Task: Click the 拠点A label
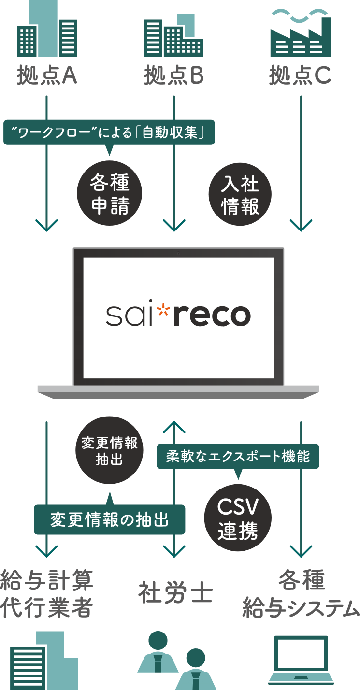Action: (47, 75)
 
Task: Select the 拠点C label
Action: (300, 75)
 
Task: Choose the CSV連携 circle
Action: (238, 518)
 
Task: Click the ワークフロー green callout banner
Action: (109, 132)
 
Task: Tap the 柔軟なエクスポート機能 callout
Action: (238, 456)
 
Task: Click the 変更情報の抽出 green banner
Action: (110, 520)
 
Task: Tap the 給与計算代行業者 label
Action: (46, 593)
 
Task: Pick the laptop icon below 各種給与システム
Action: (301, 660)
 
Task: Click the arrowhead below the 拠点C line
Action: (301, 225)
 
